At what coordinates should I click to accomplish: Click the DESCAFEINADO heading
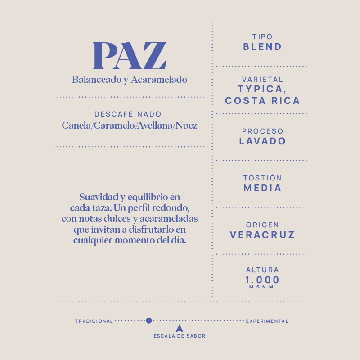[128, 115]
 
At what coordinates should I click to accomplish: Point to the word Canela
[76, 126]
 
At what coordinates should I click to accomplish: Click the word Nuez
[187, 126]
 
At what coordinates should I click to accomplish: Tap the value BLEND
[262, 47]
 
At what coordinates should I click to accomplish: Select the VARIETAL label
[262, 80]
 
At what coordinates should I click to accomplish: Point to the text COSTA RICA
[262, 101]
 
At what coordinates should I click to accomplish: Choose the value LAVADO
[262, 141]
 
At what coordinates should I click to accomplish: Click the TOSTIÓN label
[262, 178]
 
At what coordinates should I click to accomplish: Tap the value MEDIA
[262, 188]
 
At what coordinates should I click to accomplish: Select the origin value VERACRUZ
[262, 235]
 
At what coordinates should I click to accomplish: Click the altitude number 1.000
[262, 279]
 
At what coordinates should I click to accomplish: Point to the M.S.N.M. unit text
[262, 287]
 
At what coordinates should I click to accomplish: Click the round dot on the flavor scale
[149, 320]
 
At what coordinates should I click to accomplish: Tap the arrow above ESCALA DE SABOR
[179, 328]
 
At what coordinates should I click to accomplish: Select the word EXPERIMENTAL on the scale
[267, 321]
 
